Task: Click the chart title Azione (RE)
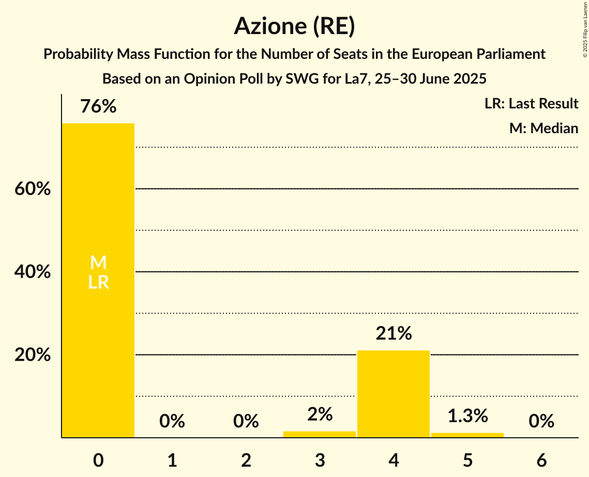(294, 26)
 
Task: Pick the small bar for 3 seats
(320, 434)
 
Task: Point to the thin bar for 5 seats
(467, 435)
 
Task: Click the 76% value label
(98, 107)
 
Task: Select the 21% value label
(394, 334)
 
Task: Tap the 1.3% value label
(467, 416)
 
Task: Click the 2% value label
(320, 414)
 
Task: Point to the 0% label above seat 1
(172, 421)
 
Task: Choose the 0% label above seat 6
(541, 421)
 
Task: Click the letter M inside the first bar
(98, 263)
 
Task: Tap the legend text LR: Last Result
(531, 104)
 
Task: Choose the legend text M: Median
(543, 128)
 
